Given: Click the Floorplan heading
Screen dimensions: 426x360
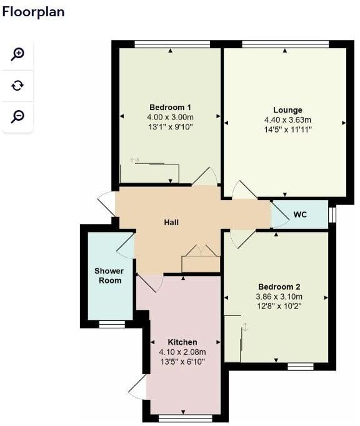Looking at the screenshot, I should pos(33,12).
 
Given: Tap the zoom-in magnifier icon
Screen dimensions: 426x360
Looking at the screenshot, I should pos(17,54).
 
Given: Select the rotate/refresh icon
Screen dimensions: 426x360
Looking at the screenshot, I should pos(17,85).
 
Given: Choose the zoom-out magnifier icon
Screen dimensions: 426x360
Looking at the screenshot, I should pos(17,116).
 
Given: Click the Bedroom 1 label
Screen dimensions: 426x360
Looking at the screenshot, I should pos(170,107).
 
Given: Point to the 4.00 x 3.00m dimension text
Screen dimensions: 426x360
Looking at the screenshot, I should pos(170,117).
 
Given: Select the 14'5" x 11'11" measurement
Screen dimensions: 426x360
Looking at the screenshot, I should pos(287,129).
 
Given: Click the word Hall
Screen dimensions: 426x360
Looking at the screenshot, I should pos(171,222).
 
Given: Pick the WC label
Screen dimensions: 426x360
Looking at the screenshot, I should pos(300,215).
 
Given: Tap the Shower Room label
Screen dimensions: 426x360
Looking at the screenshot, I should pos(109,276).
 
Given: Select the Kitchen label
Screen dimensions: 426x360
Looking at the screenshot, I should pos(182,342).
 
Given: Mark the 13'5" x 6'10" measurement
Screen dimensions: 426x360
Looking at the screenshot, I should pos(182,362).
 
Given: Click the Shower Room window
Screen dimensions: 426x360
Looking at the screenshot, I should pos(112,324).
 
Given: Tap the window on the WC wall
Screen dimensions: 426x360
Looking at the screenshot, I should pos(332,215).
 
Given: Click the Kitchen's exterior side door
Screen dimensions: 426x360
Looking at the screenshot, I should pos(138,388).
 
